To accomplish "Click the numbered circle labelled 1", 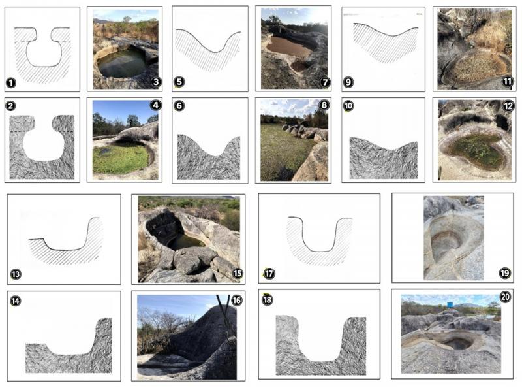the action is pyautogui.click(x=11, y=82).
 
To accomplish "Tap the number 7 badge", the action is pyautogui.click(x=325, y=82).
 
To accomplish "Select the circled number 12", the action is pyautogui.click(x=508, y=106).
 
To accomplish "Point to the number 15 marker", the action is pyautogui.click(x=237, y=274).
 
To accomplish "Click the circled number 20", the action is pyautogui.click(x=505, y=297).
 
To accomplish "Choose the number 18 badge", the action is pyautogui.click(x=268, y=299).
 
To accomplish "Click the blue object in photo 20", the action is pyautogui.click(x=450, y=304).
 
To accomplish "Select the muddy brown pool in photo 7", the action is pyautogui.click(x=289, y=46).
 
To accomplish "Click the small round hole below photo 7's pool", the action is pyautogui.click(x=300, y=66).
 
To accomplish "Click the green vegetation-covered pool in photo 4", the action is pyautogui.click(x=120, y=159).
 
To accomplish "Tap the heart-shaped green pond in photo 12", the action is pyautogui.click(x=476, y=150).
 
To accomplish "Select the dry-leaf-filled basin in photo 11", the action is pyautogui.click(x=480, y=68).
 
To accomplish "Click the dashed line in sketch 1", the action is pyautogui.click(x=42, y=42).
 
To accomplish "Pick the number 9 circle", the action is pyautogui.click(x=348, y=82).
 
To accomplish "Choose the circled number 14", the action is pyautogui.click(x=15, y=301).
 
